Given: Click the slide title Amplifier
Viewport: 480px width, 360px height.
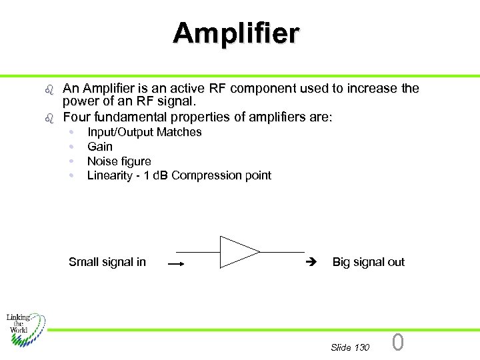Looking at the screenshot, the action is [237, 33].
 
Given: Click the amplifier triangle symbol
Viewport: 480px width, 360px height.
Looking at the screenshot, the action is [239, 252].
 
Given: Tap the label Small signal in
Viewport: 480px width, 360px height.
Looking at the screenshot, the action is [107, 262].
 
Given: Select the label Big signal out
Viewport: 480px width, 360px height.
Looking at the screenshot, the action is [368, 262].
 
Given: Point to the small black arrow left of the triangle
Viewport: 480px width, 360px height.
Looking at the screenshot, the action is [175, 264].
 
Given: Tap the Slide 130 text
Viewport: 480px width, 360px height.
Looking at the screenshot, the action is [350, 347].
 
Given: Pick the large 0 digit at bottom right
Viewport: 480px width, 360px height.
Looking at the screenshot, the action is [398, 343].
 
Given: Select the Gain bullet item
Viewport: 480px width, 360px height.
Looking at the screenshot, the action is [100, 147].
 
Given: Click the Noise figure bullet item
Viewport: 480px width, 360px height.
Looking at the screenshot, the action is [119, 161].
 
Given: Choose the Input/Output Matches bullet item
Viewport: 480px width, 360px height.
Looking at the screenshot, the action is [145, 132].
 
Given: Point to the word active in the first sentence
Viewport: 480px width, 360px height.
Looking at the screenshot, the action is [189, 89].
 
